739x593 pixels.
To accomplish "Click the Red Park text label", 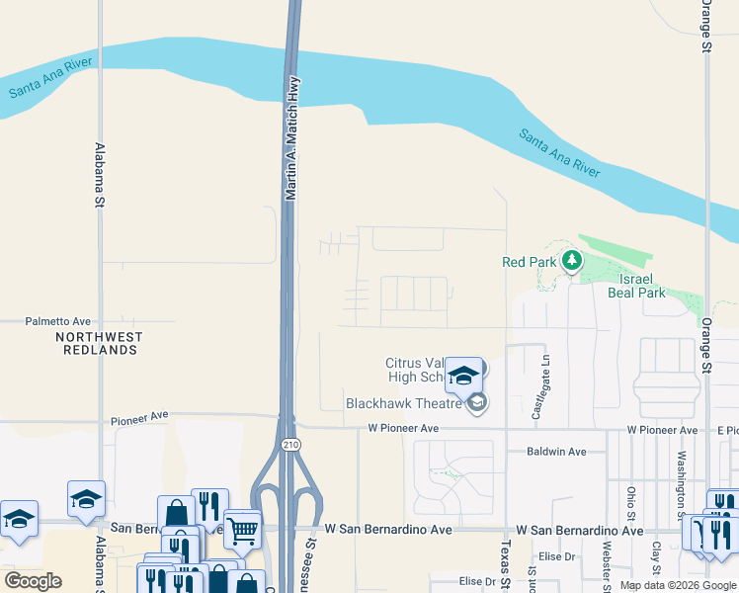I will click(x=530, y=262).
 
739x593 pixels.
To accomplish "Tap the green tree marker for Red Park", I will click(x=571, y=261).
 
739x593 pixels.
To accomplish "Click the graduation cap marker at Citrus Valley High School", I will click(x=463, y=376).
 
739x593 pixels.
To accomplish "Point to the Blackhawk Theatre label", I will click(x=404, y=403).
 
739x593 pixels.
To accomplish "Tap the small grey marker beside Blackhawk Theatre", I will click(x=477, y=402).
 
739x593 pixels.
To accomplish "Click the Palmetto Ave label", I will click(x=57, y=321).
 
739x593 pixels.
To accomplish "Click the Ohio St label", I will click(x=629, y=503).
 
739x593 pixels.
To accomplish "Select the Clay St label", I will click(x=655, y=560).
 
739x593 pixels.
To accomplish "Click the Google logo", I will click(x=33, y=581).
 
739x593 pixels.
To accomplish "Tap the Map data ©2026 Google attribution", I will click(x=677, y=585).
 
